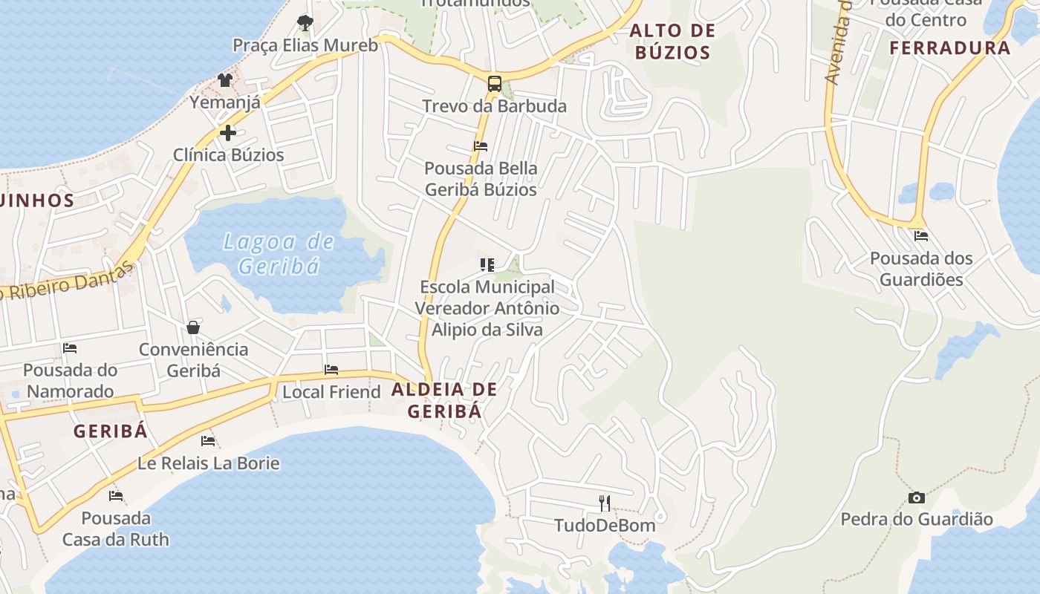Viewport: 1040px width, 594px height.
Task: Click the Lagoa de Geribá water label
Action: click(279, 253)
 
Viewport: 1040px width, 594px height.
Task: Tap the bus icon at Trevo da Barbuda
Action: click(494, 83)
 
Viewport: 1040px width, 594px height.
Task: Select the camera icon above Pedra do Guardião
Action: click(916, 497)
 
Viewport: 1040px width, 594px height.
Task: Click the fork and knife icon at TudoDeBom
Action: click(605, 503)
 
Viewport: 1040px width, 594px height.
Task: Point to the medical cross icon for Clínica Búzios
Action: click(228, 133)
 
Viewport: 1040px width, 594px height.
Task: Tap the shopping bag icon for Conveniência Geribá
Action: click(193, 327)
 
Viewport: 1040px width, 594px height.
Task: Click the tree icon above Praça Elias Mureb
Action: click(305, 22)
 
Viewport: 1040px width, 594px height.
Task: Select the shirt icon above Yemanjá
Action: click(225, 80)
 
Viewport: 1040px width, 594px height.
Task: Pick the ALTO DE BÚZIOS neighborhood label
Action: click(672, 42)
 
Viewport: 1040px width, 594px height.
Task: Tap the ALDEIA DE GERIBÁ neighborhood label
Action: click(444, 400)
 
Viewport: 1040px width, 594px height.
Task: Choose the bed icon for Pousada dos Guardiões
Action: click(921, 236)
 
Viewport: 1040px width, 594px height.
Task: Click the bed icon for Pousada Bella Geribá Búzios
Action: click(481, 146)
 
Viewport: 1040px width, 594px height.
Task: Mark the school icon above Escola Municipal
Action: click(487, 264)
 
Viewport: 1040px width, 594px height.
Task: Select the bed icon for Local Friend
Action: click(331, 370)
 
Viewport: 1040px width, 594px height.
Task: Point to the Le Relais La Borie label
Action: click(209, 463)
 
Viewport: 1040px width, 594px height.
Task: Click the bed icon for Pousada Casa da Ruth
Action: click(116, 496)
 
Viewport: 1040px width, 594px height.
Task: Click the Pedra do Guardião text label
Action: click(916, 519)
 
